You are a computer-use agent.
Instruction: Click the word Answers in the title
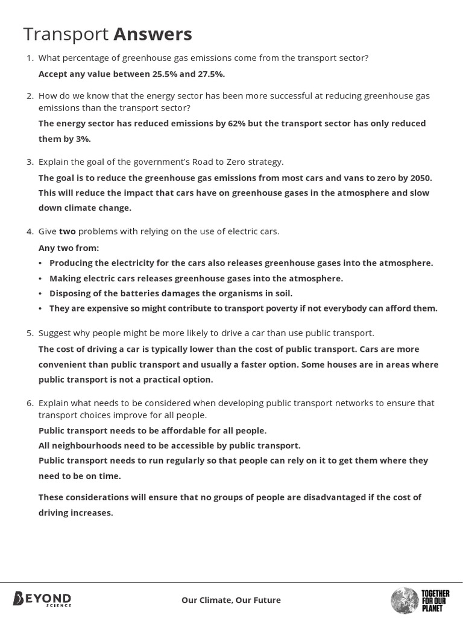coord(153,34)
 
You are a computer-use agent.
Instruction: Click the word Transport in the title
coord(66,35)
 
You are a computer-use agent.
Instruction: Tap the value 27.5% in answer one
coord(211,74)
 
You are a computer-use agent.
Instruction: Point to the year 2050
coord(420,178)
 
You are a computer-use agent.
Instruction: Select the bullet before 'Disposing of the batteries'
coord(40,294)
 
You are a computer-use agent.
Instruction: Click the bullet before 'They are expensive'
coord(40,309)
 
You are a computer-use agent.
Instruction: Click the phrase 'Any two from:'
coord(69,248)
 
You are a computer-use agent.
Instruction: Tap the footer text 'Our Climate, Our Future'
coord(231,600)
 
